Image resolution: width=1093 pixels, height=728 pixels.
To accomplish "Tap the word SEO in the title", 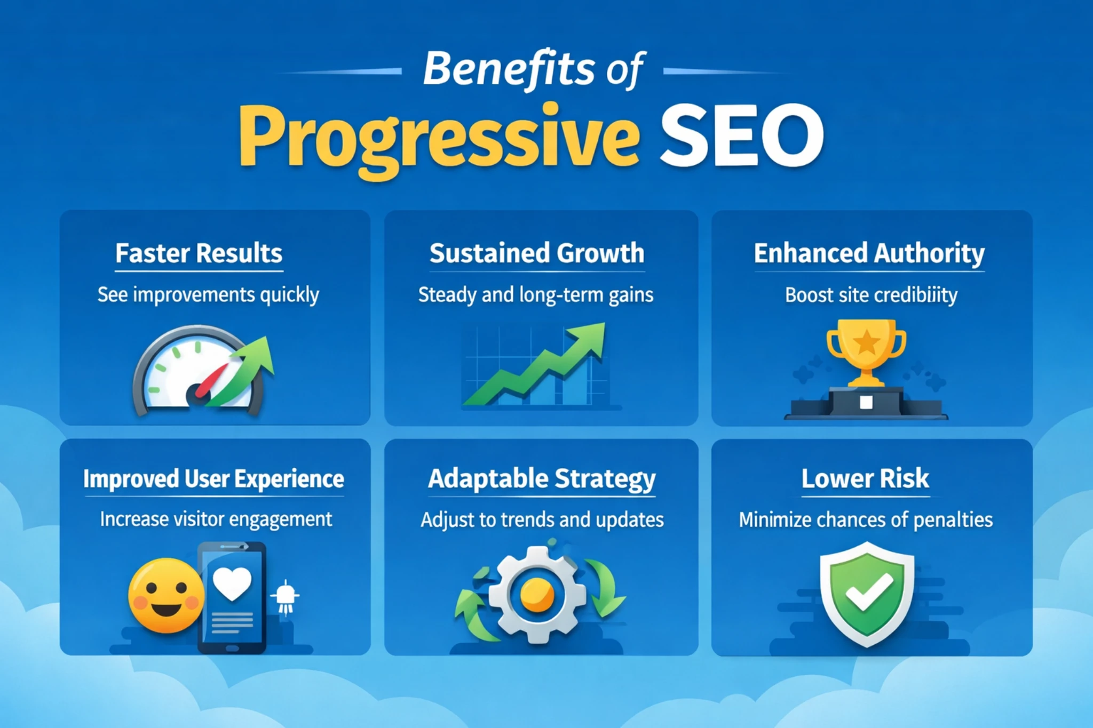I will click(x=742, y=135).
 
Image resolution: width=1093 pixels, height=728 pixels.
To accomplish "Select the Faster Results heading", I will click(x=199, y=253).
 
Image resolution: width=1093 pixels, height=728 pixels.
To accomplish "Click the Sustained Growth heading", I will click(x=537, y=253).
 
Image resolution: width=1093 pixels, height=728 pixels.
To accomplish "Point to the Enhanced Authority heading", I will click(x=869, y=253).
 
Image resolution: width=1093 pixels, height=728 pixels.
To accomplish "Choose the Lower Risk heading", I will click(x=865, y=478).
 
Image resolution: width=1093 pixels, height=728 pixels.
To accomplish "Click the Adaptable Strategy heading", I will click(x=542, y=479).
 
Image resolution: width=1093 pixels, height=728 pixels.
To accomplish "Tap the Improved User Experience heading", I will click(x=213, y=479).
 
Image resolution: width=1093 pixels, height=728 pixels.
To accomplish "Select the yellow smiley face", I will click(x=166, y=595).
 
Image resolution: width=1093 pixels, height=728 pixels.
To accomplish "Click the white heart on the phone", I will click(x=232, y=583).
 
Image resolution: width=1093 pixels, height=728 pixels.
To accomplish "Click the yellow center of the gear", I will click(x=537, y=595).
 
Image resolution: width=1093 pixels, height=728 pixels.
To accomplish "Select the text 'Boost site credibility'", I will click(x=871, y=295).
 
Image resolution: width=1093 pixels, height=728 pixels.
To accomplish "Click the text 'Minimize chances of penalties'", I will click(x=866, y=519).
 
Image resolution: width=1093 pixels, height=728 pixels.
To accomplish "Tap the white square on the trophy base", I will click(x=866, y=402).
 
